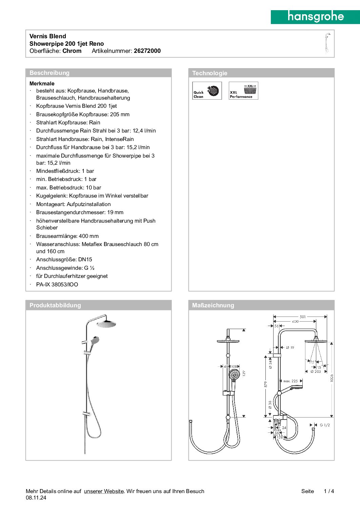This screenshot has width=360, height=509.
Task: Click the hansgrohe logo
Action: click(315, 17)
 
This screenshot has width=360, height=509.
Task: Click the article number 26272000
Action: click(147, 51)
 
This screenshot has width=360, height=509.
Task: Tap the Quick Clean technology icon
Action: click(207, 90)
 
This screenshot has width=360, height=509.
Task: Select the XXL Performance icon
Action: click(243, 90)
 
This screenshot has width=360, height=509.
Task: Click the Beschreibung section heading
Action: click(49, 73)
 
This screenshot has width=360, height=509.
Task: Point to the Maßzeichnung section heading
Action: click(213, 305)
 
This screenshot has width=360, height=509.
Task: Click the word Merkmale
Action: click(42, 83)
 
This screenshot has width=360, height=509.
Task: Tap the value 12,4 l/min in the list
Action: click(144, 131)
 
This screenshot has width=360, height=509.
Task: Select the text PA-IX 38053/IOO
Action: click(57, 285)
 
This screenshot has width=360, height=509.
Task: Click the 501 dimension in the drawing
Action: click(303, 317)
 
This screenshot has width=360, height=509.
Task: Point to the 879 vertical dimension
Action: click(266, 384)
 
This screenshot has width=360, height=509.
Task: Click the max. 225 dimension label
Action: click(291, 381)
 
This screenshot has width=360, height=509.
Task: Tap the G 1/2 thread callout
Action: click(324, 425)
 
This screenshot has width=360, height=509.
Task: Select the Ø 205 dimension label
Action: click(316, 371)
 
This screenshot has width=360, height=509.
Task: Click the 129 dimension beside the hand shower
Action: click(244, 373)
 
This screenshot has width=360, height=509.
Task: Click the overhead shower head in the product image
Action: click(106, 324)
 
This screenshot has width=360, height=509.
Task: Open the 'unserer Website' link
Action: click(104, 491)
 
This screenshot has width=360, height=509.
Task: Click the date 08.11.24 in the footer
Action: click(36, 498)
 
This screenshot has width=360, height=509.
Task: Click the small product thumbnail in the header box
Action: click(327, 43)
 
